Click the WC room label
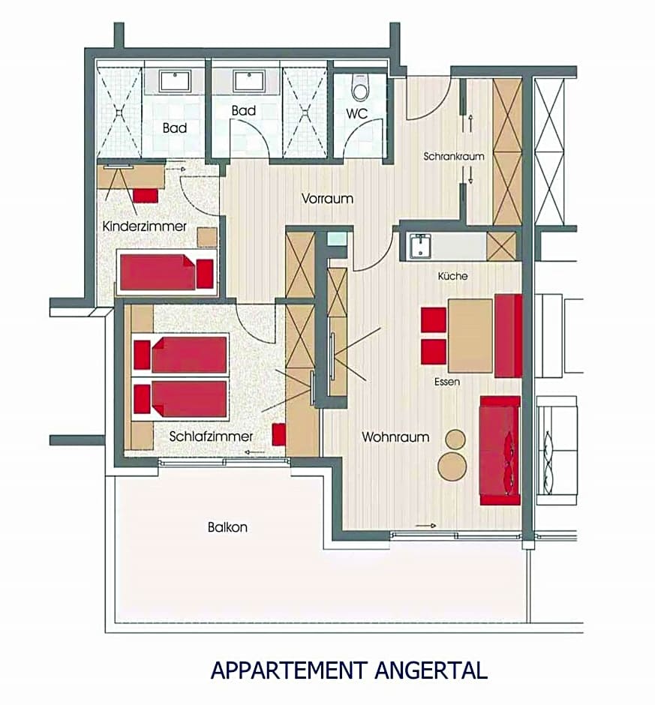[356, 113]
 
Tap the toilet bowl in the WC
[360, 88]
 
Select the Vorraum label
[327, 198]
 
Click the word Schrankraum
[454, 157]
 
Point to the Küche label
[452, 275]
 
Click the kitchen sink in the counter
[420, 247]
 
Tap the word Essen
[447, 382]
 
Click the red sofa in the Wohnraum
[500, 451]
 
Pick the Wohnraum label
[395, 436]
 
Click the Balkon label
[227, 526]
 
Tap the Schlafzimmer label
[211, 436]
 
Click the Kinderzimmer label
[144, 226]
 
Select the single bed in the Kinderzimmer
[167, 272]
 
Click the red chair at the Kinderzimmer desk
[146, 196]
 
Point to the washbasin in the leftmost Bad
[176, 81]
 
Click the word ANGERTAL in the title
[431, 670]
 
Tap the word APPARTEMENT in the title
[290, 670]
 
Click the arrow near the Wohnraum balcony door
[425, 526]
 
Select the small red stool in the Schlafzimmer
[279, 434]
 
